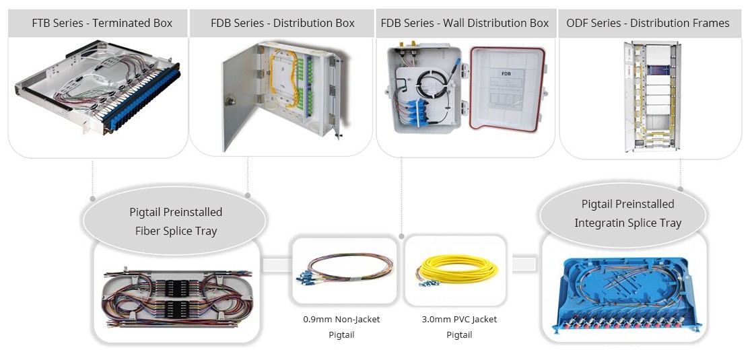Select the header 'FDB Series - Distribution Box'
282,23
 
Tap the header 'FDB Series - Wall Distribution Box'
465,23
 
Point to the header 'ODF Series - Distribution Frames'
648,23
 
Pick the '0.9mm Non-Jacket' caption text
341,319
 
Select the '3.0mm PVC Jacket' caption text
459,319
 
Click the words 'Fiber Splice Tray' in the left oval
176,230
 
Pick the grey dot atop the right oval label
681,189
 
